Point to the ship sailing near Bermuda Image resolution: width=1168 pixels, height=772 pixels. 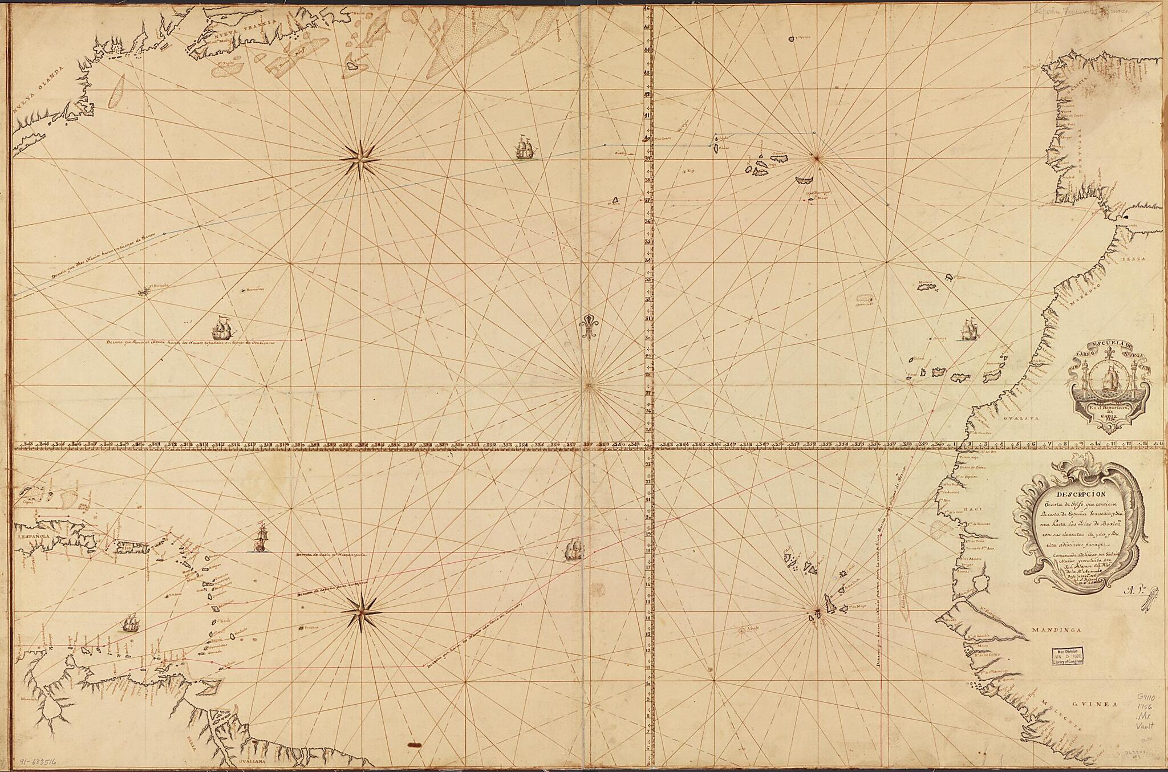tap(223, 331)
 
